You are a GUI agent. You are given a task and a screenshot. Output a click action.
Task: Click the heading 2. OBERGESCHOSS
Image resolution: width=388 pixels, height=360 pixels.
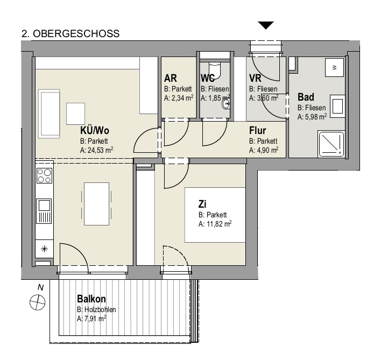70,33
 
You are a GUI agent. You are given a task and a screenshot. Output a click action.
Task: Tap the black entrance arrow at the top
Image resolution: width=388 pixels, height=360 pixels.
266,25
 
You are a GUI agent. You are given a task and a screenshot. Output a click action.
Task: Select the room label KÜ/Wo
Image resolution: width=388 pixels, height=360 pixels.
95,131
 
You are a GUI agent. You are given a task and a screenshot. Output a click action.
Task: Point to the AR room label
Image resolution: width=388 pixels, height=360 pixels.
171,79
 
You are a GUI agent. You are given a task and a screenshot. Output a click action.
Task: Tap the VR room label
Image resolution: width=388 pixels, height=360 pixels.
255,79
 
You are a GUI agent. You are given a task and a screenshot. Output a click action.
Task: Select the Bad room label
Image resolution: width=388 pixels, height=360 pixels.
306,98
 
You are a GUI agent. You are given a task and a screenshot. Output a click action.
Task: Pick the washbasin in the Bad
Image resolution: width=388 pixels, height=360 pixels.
337,105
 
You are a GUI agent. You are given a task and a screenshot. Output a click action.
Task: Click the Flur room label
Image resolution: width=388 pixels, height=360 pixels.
259,131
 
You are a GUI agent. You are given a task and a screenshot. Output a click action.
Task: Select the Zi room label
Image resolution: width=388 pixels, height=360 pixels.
203,204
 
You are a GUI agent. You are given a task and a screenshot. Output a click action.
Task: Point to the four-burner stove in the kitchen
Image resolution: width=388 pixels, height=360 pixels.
44,177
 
